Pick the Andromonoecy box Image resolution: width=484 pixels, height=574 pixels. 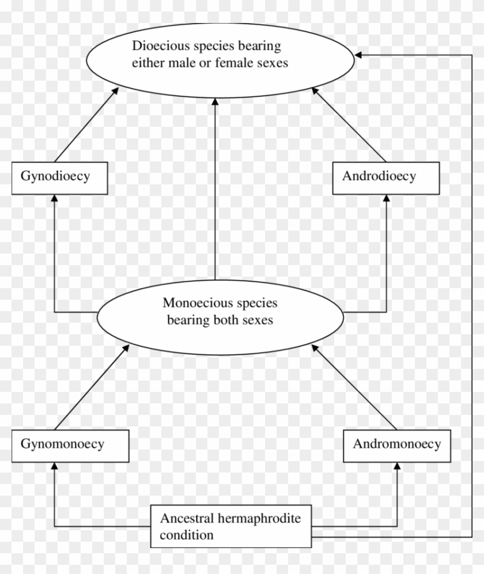point(397,445)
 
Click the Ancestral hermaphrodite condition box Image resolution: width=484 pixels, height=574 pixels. point(230,526)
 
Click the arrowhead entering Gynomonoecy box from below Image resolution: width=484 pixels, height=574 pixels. point(55,466)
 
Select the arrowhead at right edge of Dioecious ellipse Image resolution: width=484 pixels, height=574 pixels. point(358,55)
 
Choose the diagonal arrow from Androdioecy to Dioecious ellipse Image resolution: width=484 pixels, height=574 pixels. point(349,124)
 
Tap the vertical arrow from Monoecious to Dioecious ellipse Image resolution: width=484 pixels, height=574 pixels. point(215,190)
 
